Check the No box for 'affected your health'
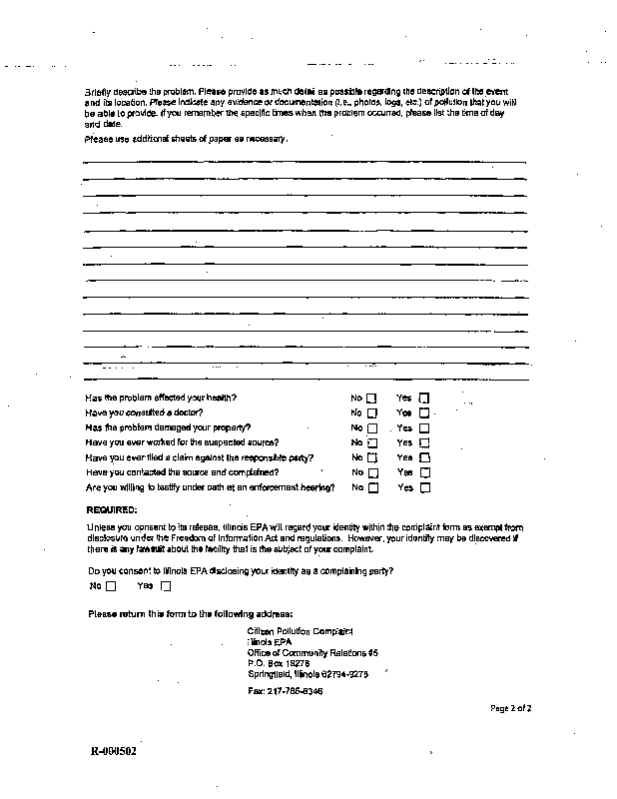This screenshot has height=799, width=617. point(372,398)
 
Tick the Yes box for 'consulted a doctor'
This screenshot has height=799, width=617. point(424,412)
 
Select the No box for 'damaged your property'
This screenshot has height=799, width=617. point(372,427)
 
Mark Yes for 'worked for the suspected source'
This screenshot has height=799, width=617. point(424,442)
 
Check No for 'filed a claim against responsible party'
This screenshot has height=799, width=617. point(372,457)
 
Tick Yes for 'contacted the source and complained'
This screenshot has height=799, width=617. point(424,472)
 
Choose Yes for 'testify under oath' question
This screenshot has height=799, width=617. point(424,488)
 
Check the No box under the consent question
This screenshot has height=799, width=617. point(111,586)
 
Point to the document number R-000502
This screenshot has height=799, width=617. point(113,751)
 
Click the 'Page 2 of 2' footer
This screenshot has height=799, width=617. point(510,708)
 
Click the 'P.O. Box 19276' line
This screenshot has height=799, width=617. point(279,662)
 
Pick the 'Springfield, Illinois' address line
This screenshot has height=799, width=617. point(308,673)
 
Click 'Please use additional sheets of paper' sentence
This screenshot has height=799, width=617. point(187,139)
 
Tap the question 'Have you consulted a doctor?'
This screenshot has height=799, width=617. point(145,412)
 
